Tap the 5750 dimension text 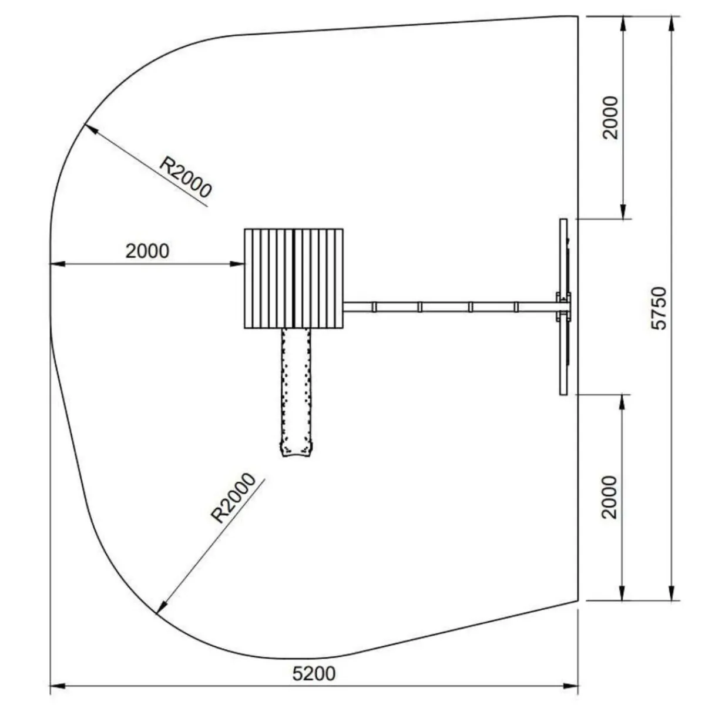point(659,308)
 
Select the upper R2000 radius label point(186,177)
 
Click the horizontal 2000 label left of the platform point(147,251)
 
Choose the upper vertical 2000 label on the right point(610,117)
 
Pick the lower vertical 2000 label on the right point(610,498)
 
